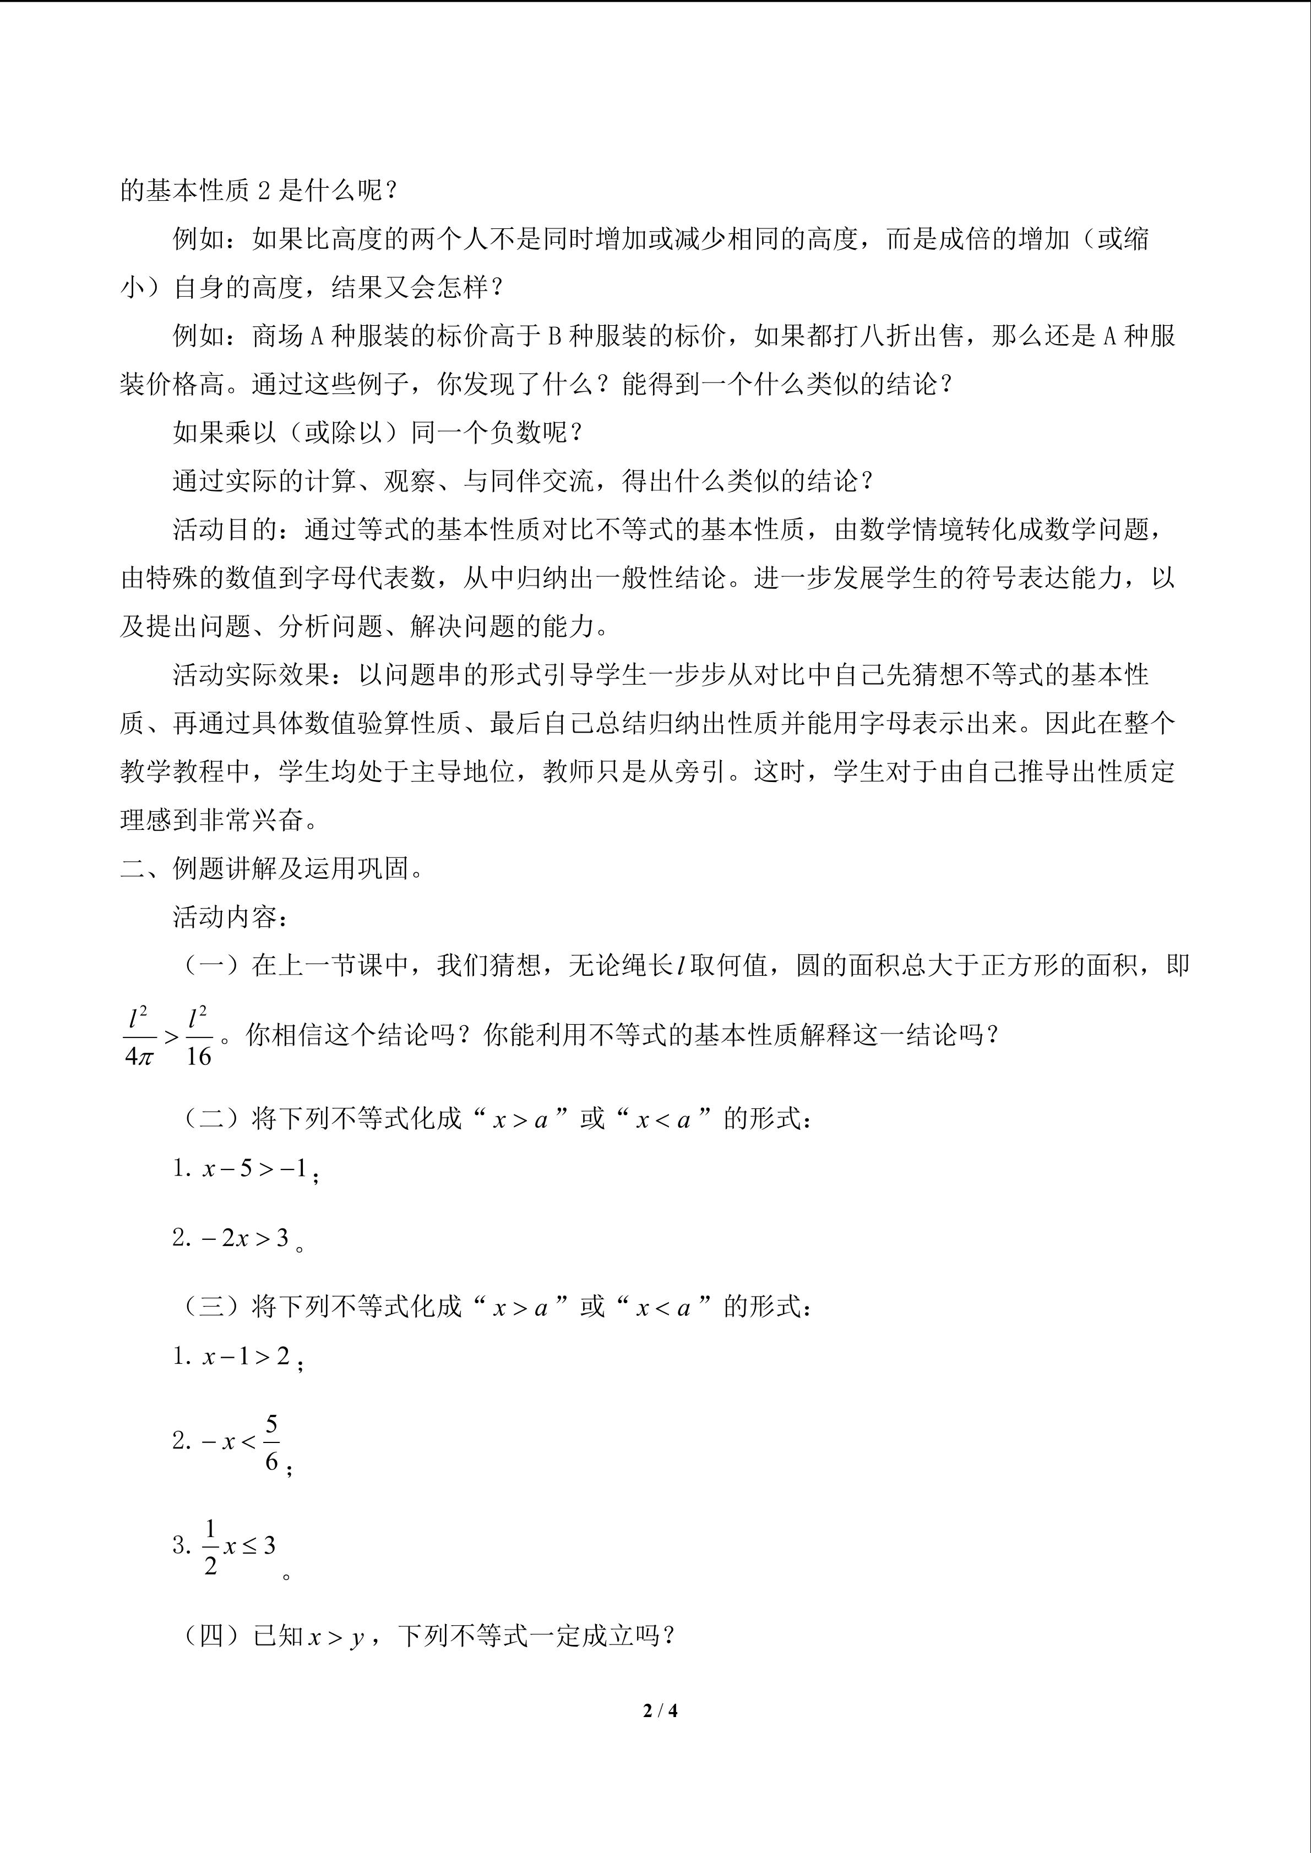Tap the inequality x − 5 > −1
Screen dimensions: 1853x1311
tap(255, 1168)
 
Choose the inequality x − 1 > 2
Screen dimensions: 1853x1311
tap(246, 1356)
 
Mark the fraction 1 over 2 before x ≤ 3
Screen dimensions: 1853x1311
tap(211, 1546)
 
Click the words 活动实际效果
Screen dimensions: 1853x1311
tap(251, 675)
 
